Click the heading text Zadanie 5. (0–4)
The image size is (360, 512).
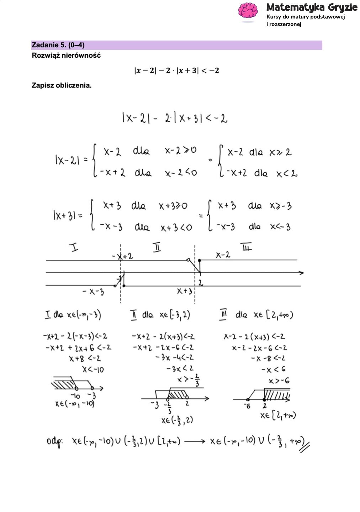[58, 45]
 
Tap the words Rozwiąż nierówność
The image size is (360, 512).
[66, 56]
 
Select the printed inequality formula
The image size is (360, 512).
[176, 70]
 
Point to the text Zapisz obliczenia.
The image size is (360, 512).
[62, 85]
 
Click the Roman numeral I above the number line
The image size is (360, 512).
[74, 247]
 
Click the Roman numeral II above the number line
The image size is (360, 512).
[157, 247]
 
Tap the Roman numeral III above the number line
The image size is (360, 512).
[246, 247]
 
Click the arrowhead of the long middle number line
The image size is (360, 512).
[301, 273]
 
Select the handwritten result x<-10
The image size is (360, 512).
[93, 369]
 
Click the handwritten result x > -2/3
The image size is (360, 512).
[188, 380]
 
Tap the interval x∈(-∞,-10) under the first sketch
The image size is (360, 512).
[75, 404]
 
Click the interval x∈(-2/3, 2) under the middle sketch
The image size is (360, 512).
[177, 420]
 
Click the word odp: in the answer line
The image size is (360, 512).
[54, 442]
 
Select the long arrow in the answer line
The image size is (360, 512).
[195, 442]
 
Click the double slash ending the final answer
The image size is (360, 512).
[305, 446]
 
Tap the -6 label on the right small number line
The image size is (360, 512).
[247, 406]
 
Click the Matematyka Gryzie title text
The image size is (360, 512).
[312, 7]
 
